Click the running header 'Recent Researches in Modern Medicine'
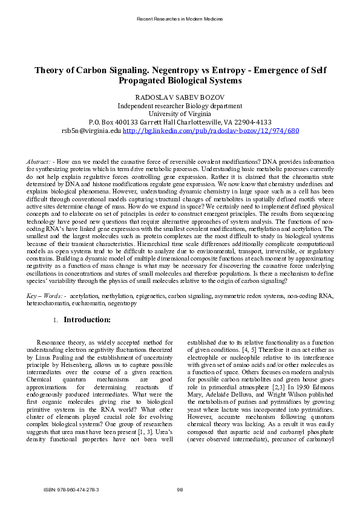click(180, 19)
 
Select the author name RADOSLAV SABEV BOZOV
click(180, 97)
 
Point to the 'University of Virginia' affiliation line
click(180, 113)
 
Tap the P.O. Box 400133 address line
click(180, 122)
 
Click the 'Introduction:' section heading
click(87, 319)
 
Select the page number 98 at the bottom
click(180, 489)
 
